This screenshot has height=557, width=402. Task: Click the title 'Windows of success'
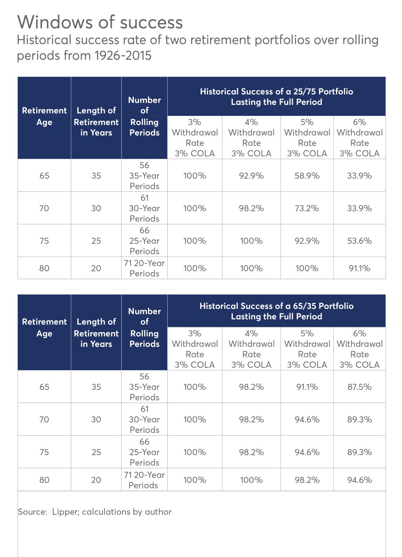point(100,22)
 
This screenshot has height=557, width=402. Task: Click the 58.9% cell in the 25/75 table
point(307,176)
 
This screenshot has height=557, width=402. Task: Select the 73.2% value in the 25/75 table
point(307,208)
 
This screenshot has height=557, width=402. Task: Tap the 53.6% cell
point(359,241)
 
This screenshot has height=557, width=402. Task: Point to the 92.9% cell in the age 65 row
point(251,176)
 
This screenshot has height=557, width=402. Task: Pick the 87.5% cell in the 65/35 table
point(359,387)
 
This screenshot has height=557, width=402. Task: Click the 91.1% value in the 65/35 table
point(307,387)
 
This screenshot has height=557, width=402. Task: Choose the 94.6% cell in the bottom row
point(359,480)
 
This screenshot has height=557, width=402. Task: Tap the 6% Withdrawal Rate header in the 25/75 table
point(359,137)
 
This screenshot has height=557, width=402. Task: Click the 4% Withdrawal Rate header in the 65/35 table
point(251,349)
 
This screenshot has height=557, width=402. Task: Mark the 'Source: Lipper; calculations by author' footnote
point(95,512)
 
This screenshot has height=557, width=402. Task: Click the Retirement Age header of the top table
point(44,116)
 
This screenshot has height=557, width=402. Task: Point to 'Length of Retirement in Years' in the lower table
point(96,333)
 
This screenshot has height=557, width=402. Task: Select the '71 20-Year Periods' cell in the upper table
point(144,268)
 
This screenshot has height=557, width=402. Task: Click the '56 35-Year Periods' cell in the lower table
point(144,387)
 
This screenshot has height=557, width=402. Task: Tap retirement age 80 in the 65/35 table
point(44,480)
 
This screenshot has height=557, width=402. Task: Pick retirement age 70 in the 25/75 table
point(44,208)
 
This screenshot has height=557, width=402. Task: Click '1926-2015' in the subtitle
point(122,56)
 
